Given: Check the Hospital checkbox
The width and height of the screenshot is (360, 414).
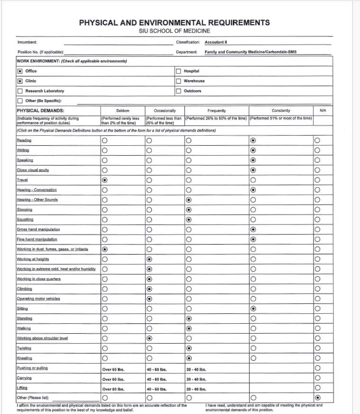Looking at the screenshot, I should pos(179,71).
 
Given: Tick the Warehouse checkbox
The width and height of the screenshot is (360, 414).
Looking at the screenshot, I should pos(179,81).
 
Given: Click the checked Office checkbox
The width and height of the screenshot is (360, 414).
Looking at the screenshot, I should pos(19,71).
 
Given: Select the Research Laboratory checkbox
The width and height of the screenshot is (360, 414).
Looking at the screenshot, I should pos(19,91).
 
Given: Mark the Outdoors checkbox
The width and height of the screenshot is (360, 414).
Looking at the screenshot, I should pos(179,91).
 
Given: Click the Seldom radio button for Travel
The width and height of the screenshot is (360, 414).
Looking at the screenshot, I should pos(104,180).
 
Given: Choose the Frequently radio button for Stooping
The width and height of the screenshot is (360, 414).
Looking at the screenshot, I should pos(189,209).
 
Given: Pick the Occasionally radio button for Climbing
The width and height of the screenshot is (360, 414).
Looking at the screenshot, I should pos(149,288).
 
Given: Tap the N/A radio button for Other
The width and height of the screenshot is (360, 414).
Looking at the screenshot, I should pos(317,397).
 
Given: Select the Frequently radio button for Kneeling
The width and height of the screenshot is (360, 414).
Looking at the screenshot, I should pos(189,358).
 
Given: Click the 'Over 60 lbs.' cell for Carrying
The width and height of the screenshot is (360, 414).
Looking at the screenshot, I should pos(113,379).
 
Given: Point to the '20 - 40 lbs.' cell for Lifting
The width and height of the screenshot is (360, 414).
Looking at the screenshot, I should pos(196,388).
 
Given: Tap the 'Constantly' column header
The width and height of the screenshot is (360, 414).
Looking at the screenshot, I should pos(281,111).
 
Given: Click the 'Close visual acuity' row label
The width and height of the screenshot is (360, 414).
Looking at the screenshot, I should pos(33,170).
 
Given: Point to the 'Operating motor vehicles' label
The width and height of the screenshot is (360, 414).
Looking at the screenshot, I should pos(38,299).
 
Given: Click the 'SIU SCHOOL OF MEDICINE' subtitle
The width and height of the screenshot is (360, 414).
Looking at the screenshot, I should pos(174,31).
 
